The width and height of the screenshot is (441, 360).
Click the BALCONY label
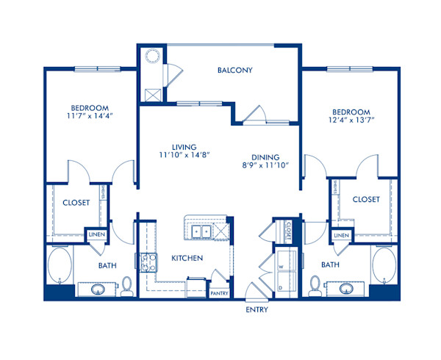tap(235, 71)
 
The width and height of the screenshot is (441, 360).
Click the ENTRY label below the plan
tap(257, 309)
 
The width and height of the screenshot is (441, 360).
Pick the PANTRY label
tap(220, 294)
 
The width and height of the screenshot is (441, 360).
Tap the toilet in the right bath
tap(315, 284)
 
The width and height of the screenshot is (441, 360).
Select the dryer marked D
tap(283, 283)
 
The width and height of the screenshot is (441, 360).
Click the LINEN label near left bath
tap(96, 234)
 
